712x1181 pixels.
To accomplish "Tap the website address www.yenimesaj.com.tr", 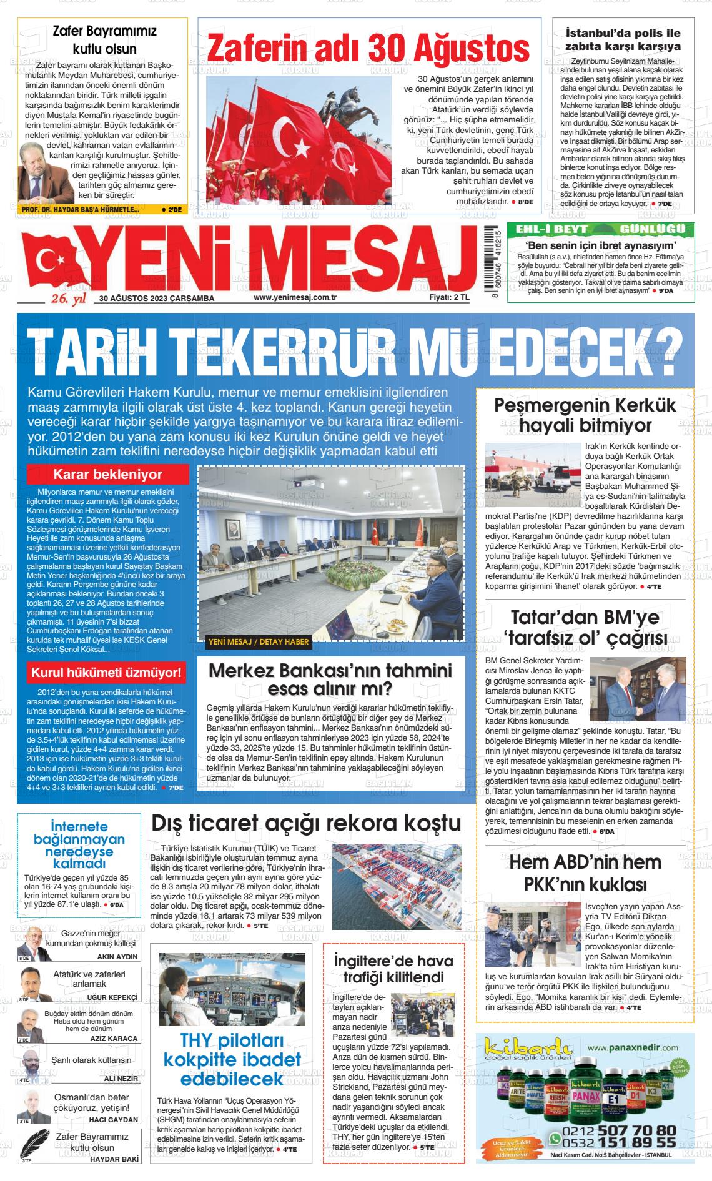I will (295, 298).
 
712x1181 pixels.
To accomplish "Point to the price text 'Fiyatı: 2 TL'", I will (448, 298).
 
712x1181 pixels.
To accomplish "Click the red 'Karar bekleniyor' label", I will (107, 475).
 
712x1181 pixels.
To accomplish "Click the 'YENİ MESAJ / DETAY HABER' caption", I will (258, 641).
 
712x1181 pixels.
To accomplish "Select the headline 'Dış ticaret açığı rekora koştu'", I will (306, 823).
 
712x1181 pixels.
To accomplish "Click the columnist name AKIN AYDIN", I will (118, 957).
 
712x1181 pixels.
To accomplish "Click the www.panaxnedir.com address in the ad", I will (633, 1047).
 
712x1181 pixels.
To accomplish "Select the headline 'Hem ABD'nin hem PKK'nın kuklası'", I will (585, 873).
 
